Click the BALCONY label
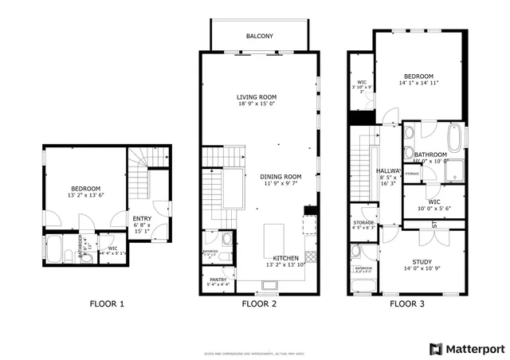[259, 36]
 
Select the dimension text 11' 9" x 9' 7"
[280, 184]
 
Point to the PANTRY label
[218, 280]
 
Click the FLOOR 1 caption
[106, 303]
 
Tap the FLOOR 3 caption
[407, 303]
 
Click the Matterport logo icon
[434, 349]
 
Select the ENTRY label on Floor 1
[142, 219]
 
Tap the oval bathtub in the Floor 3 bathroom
[455, 139]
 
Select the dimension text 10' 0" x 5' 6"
[433, 209]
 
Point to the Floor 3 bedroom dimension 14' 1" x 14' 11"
[418, 82]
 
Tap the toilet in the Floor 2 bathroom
[226, 239]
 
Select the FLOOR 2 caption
[259, 303]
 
